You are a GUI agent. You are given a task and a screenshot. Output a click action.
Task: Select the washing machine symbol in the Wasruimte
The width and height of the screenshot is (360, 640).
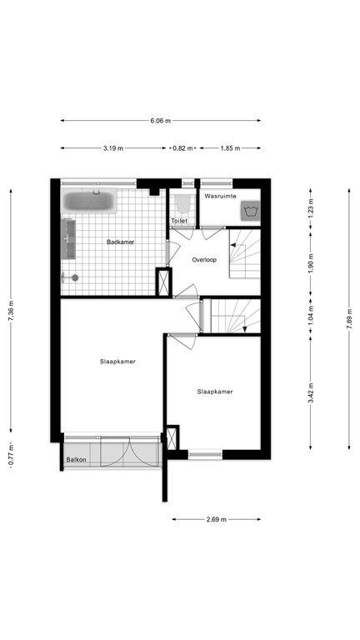click(x=249, y=212)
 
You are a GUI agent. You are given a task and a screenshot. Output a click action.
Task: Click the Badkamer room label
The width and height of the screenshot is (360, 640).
click(x=121, y=242)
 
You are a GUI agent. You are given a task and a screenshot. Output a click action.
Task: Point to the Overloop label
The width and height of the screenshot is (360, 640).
click(x=204, y=259)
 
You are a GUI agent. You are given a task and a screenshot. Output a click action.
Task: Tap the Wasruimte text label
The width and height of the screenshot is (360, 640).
click(x=221, y=196)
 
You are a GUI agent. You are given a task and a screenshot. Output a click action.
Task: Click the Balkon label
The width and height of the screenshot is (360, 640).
click(x=77, y=459)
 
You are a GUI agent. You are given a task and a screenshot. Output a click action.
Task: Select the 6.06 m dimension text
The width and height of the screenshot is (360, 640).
click(x=161, y=121)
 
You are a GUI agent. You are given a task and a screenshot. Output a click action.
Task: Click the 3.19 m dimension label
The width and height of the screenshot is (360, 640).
click(x=113, y=148)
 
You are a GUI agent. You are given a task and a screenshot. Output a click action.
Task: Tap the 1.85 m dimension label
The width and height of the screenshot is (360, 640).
click(x=230, y=148)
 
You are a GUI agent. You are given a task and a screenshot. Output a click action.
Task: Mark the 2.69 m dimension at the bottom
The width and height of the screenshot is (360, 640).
click(x=217, y=519)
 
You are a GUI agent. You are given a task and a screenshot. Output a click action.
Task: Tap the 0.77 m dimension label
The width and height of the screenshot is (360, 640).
click(x=11, y=457)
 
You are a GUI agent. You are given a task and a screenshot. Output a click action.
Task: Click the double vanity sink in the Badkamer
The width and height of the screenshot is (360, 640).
click(x=68, y=238)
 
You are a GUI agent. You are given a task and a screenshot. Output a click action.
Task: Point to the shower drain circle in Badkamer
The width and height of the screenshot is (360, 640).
click(x=76, y=278)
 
